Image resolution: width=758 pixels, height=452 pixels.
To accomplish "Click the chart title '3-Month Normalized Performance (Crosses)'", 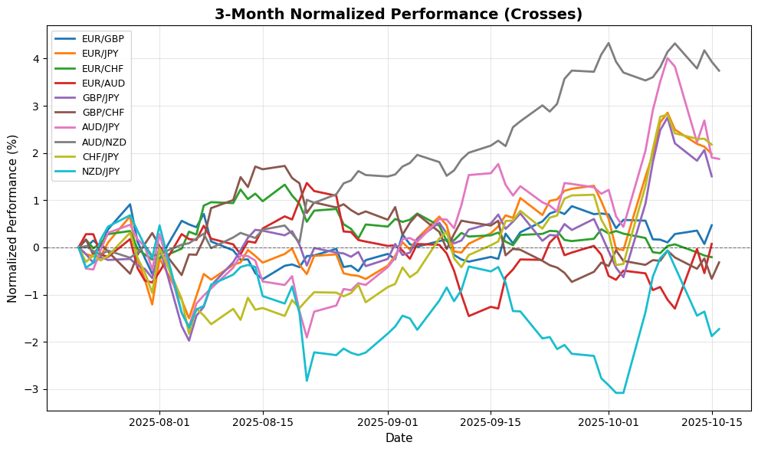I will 399,15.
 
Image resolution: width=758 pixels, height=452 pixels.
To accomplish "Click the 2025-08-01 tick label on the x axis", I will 159,421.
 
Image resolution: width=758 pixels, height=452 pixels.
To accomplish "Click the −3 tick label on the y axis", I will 34,390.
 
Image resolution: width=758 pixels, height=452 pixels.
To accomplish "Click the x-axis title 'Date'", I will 399,438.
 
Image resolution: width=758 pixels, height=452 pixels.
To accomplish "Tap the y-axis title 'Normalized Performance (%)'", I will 13,220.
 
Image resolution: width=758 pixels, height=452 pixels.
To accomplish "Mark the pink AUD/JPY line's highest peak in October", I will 668,58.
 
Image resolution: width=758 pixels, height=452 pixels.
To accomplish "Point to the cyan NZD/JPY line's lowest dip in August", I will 307,381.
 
